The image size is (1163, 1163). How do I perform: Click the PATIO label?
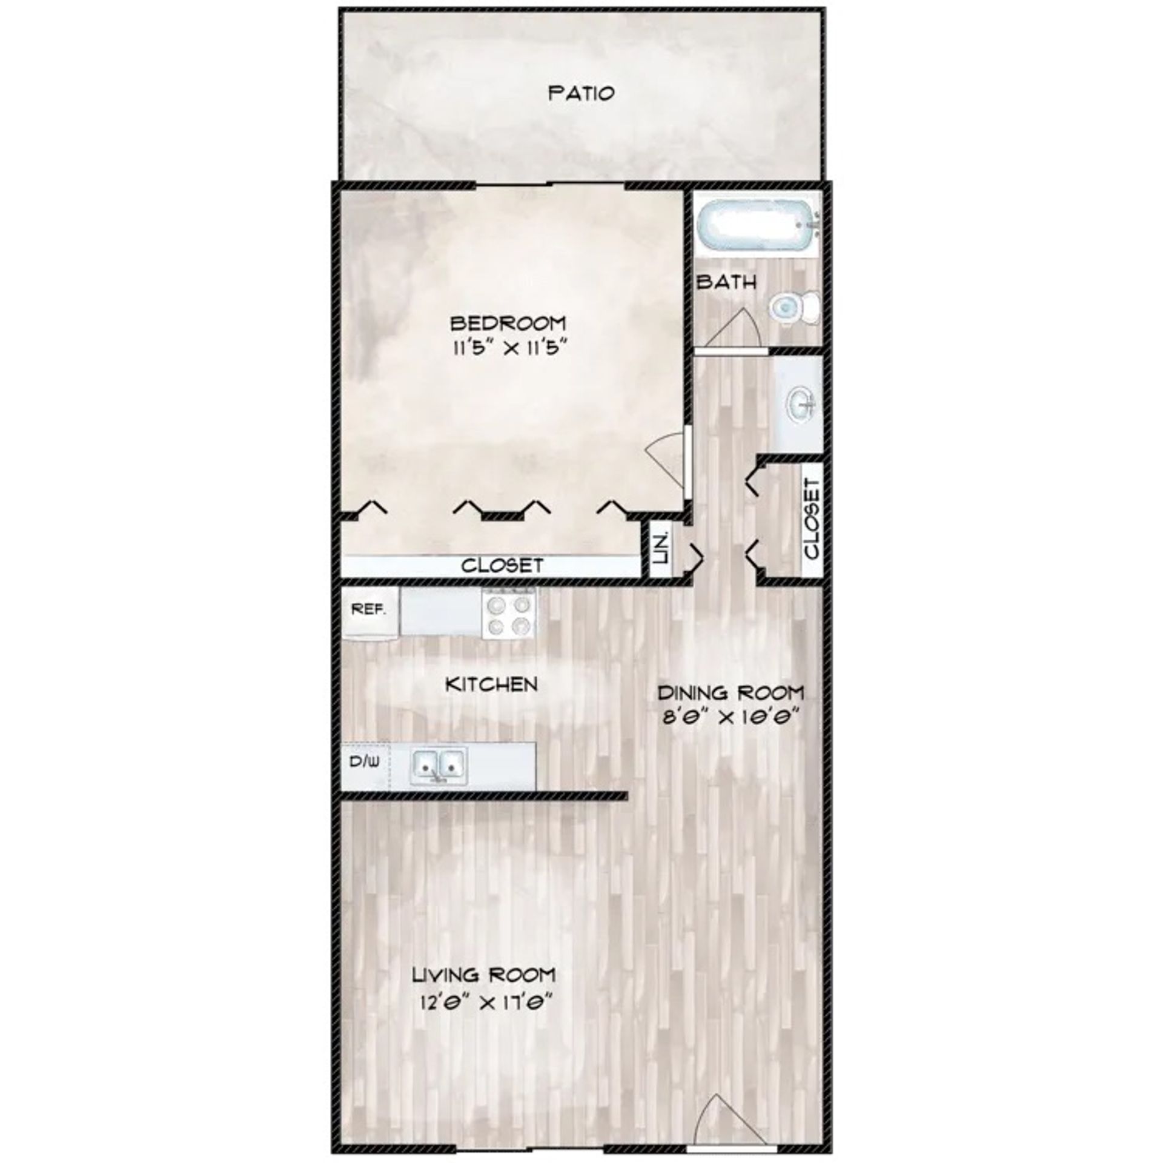point(581,93)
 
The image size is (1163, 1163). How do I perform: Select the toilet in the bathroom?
point(795,308)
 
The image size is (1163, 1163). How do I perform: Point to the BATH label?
point(727,282)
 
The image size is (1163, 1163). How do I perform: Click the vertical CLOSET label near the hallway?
point(812,519)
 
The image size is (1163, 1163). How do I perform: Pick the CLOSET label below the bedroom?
point(502,566)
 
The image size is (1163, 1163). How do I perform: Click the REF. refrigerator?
point(369,612)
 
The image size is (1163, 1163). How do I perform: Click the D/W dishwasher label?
point(364,762)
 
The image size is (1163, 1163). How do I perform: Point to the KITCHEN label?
point(491,685)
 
